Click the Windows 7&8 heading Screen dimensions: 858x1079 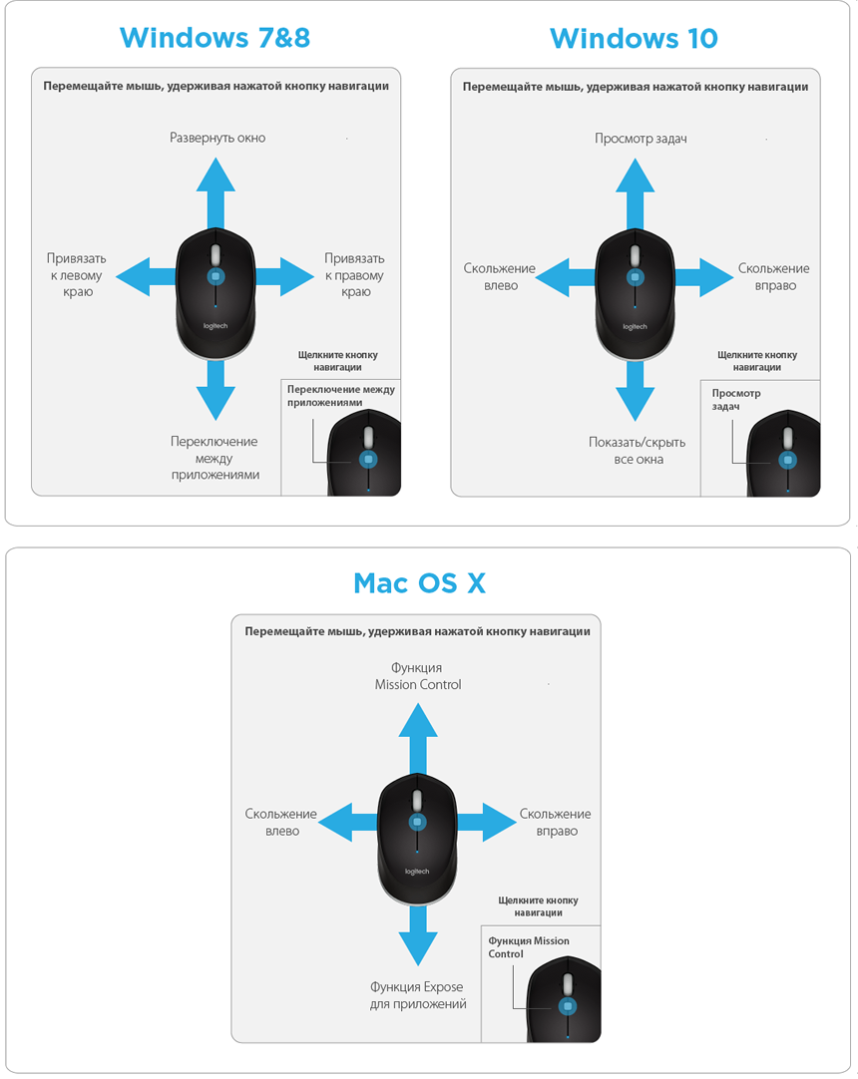(214, 38)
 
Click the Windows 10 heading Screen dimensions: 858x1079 (634, 39)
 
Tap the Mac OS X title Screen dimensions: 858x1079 (419, 583)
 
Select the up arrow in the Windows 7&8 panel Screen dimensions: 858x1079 (215, 192)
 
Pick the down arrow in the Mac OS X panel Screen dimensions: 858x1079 (418, 935)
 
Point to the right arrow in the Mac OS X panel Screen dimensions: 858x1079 (486, 822)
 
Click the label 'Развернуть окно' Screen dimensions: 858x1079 (217, 138)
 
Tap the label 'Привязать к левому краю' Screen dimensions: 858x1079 (77, 275)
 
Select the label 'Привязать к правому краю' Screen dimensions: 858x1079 (354, 275)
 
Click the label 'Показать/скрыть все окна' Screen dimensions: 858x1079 (637, 451)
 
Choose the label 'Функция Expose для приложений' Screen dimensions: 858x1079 (417, 995)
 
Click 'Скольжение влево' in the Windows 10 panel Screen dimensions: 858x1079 (499, 276)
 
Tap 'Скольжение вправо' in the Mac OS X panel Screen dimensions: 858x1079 (555, 823)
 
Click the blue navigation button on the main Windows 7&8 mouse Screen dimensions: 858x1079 (215, 276)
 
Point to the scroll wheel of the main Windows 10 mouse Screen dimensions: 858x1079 (635, 255)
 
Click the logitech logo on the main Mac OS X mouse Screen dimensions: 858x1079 (417, 872)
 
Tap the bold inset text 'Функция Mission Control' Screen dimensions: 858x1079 (529, 947)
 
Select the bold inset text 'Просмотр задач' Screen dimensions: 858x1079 (736, 400)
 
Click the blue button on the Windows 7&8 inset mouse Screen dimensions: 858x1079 (368, 459)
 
